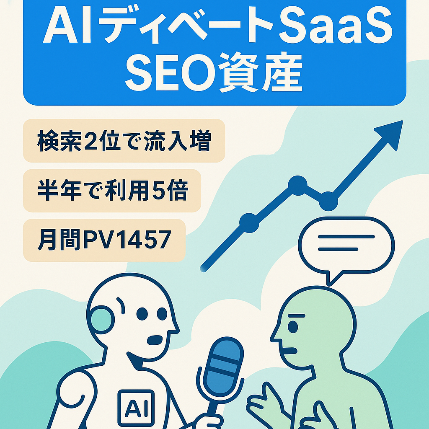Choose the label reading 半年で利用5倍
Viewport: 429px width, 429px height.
coord(112,191)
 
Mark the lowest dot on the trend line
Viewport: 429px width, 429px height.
coord(248,221)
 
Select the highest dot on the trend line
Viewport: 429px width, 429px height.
coord(298,183)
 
